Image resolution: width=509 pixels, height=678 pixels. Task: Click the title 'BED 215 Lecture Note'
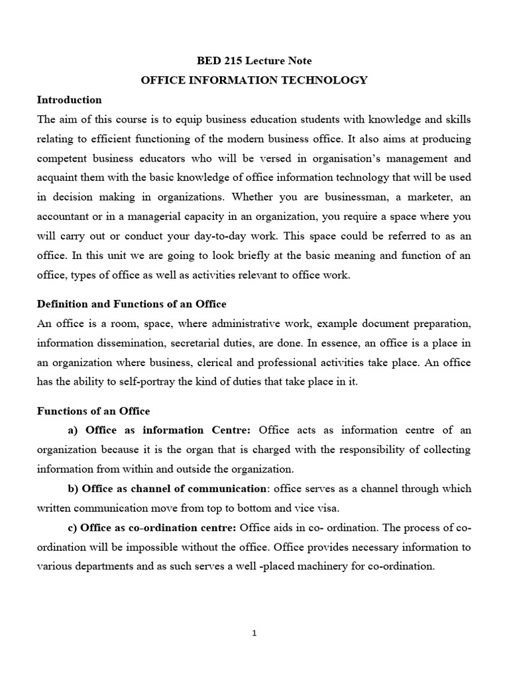254,61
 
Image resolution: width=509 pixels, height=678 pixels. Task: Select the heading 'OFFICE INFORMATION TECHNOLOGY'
254,80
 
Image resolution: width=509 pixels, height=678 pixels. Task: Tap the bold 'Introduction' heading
69,100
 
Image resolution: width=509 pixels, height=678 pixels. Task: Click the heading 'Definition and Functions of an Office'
131,304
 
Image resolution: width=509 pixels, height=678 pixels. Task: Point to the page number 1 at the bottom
254,633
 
